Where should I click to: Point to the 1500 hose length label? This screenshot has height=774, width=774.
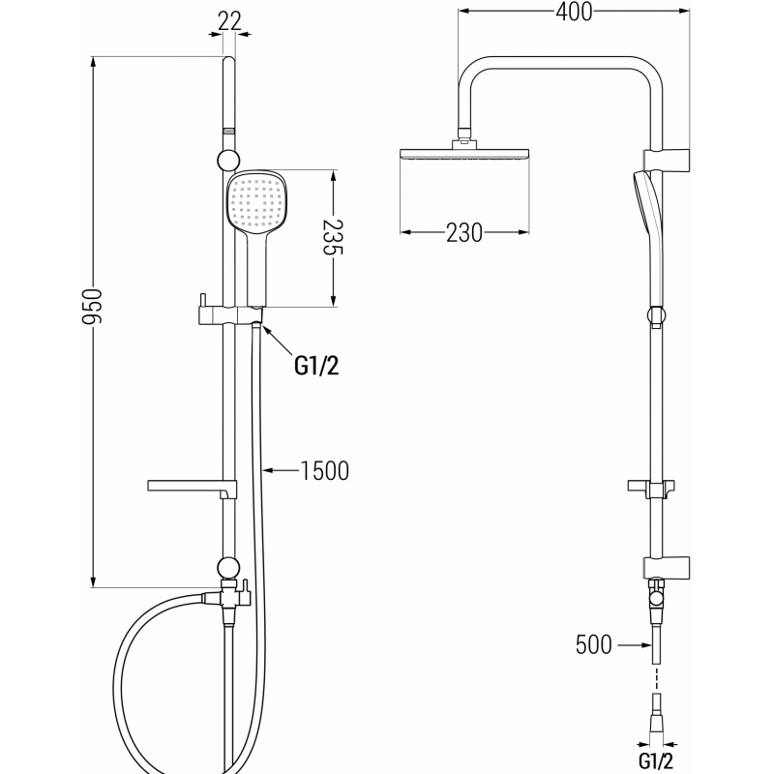[324, 471]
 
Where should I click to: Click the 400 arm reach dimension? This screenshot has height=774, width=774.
[574, 12]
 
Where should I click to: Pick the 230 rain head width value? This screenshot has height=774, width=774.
[464, 233]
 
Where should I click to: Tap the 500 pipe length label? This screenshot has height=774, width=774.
[593, 644]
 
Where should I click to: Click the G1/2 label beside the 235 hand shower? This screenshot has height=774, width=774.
[317, 365]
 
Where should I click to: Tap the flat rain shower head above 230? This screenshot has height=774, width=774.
[464, 154]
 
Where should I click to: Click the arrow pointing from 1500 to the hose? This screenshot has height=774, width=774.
[280, 471]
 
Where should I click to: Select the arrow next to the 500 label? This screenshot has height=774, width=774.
[633, 644]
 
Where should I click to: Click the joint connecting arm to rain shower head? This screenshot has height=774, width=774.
[464, 139]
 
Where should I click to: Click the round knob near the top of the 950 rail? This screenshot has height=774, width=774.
[228, 161]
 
